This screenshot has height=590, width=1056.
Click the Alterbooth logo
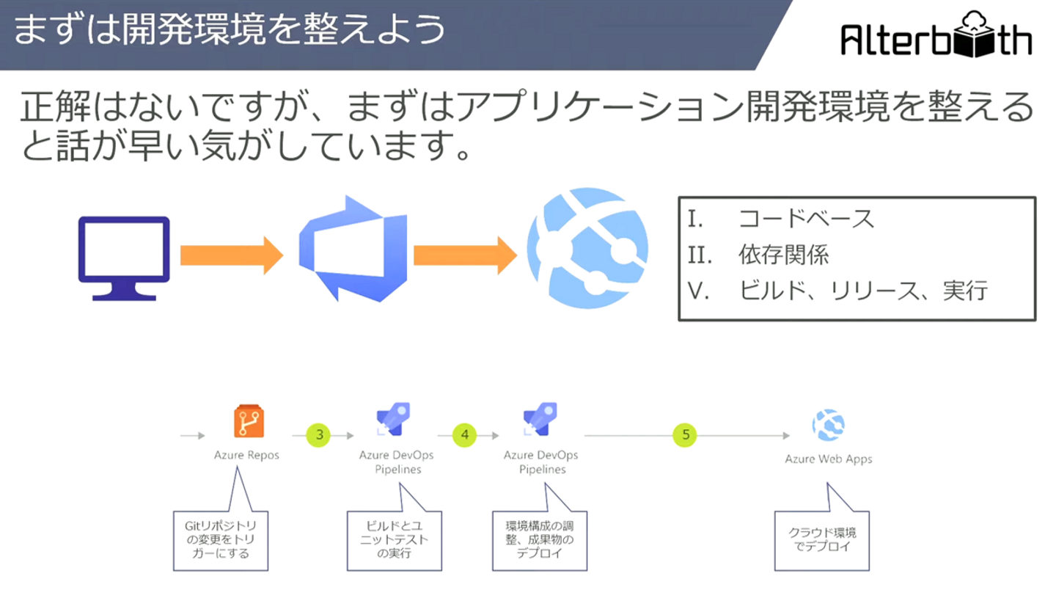(x=936, y=34)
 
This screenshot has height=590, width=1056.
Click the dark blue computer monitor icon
(x=124, y=258)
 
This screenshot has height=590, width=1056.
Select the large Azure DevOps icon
(x=353, y=249)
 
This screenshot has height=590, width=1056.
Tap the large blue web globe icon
(x=587, y=248)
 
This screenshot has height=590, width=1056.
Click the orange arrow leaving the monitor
(x=232, y=255)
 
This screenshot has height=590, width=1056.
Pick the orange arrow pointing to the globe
(x=465, y=255)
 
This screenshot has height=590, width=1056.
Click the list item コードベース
(x=806, y=219)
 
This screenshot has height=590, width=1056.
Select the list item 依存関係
(x=783, y=255)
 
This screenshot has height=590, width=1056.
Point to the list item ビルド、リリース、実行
(x=862, y=291)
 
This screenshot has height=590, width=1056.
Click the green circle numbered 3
(x=319, y=435)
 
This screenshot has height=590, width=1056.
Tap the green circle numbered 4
(x=464, y=435)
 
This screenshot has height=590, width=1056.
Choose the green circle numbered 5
(x=685, y=435)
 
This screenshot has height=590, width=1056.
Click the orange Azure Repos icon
(x=249, y=421)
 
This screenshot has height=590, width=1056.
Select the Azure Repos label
(x=246, y=455)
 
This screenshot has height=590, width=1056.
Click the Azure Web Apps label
(x=829, y=459)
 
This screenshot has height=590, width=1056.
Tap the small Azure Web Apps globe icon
(x=829, y=425)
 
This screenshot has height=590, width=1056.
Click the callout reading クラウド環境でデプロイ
(x=821, y=541)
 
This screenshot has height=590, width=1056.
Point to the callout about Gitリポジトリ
(x=221, y=541)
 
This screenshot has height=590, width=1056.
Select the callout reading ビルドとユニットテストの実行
(x=394, y=541)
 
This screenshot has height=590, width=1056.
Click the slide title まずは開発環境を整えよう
(x=230, y=30)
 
